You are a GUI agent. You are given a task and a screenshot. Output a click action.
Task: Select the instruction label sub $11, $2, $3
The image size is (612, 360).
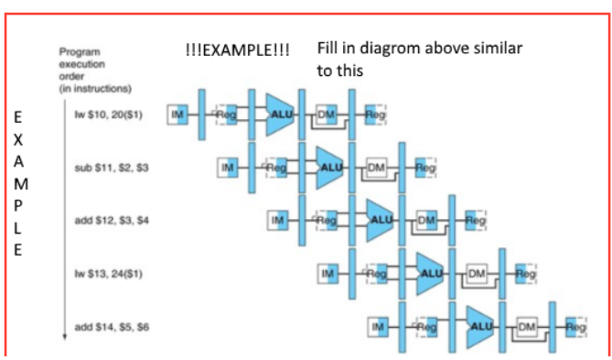(x=112, y=168)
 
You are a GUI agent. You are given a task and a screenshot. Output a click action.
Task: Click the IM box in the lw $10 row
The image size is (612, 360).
(x=177, y=115)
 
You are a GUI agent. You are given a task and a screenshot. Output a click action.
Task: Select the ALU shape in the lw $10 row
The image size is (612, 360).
(x=280, y=115)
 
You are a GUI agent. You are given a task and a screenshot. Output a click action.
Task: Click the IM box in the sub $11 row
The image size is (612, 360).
(x=228, y=168)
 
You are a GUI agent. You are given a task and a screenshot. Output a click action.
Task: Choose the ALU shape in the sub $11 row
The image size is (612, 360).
(x=330, y=168)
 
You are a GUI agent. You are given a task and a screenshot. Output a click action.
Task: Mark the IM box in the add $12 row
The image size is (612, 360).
(x=278, y=221)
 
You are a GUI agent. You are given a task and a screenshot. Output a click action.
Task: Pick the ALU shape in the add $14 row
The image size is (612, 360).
(x=480, y=326)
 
